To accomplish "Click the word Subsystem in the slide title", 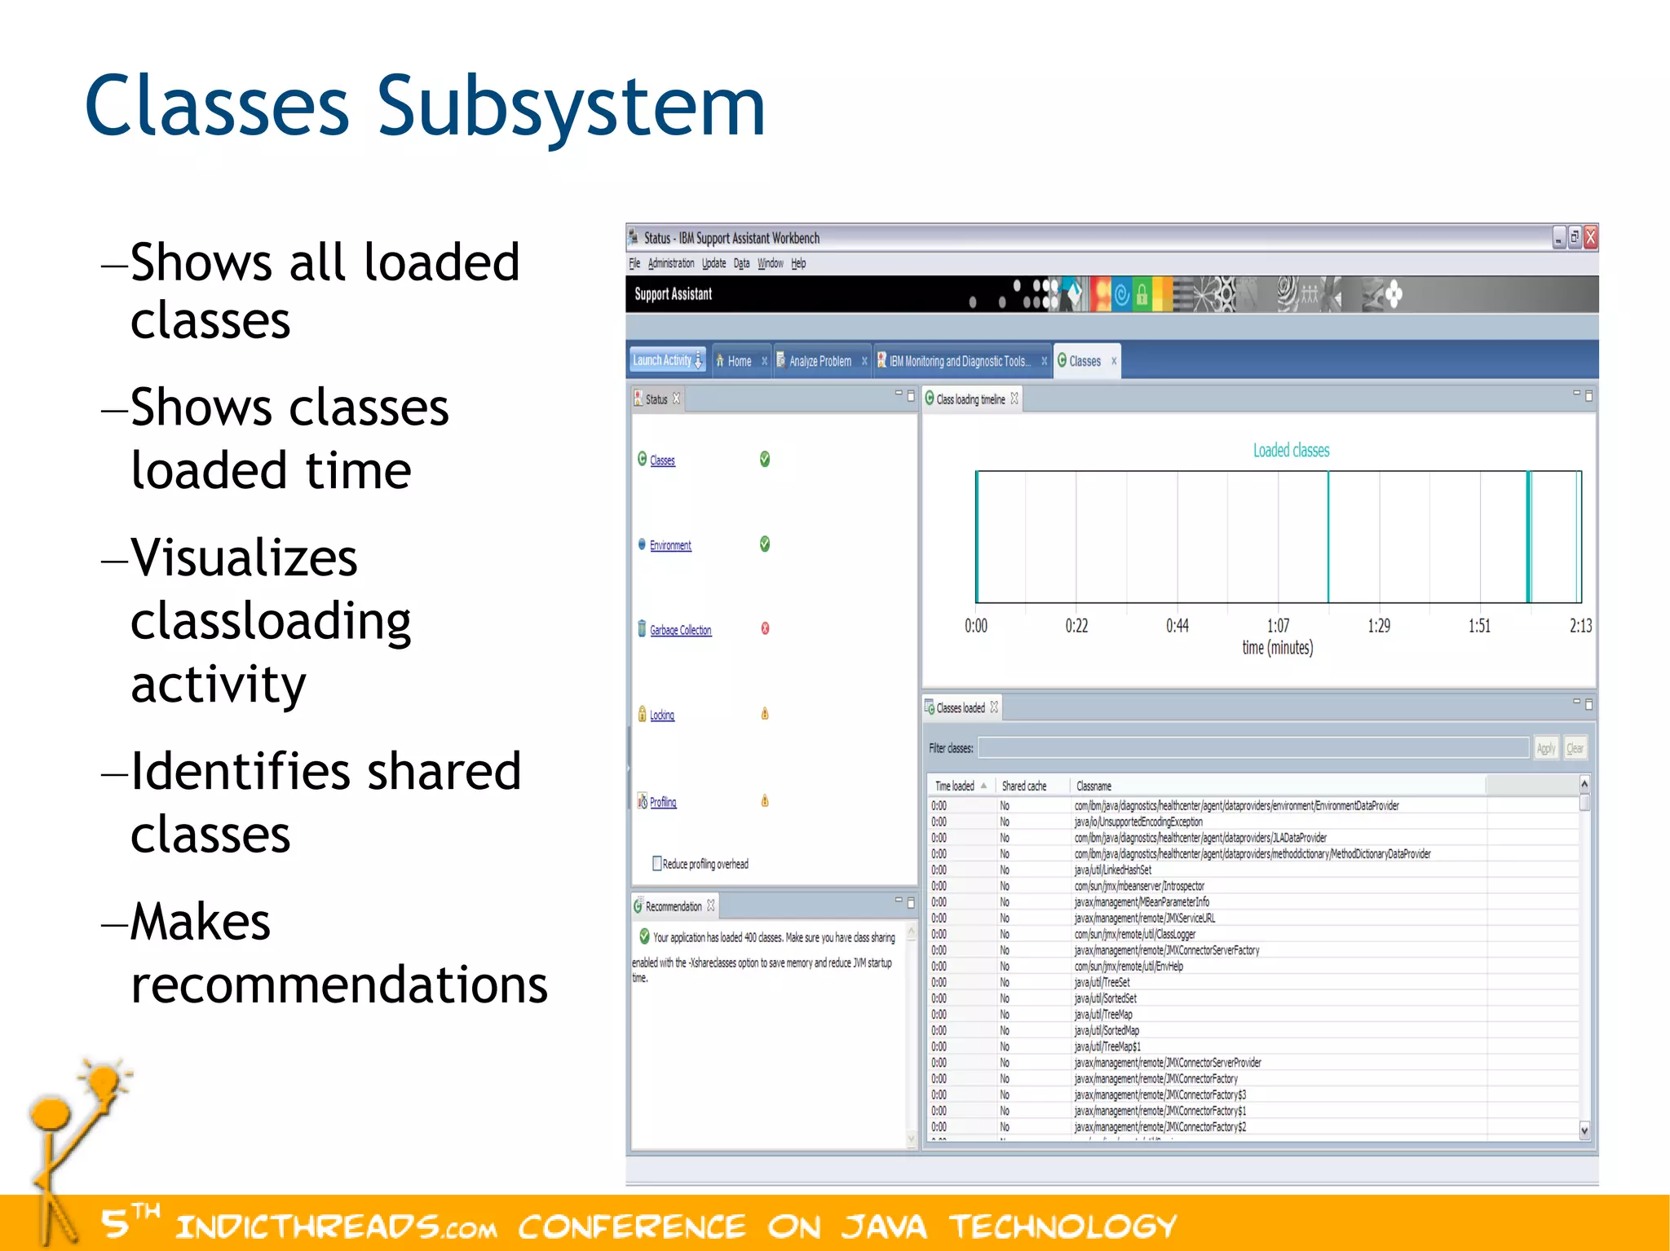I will click(x=571, y=108).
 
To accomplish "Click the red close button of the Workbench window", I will click(x=1590, y=237).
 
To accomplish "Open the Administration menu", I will click(x=671, y=263).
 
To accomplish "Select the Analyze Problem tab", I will click(x=820, y=361).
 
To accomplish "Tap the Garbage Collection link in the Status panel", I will click(x=680, y=630).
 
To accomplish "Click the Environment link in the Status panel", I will click(x=670, y=545).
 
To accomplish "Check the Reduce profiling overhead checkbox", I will click(x=656, y=863).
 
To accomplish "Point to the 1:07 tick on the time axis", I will click(x=1278, y=625).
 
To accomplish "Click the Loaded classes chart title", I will click(x=1291, y=450).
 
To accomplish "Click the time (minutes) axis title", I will click(x=1277, y=648).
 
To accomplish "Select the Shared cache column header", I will click(x=1023, y=786).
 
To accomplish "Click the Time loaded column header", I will click(x=955, y=786).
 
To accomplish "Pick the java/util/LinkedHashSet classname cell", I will click(x=1112, y=870).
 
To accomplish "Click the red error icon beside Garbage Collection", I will click(x=765, y=628).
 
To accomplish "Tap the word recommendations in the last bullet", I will click(x=338, y=985).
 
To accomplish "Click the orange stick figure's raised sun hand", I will click(x=104, y=1082).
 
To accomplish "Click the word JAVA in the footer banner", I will click(x=884, y=1227).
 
